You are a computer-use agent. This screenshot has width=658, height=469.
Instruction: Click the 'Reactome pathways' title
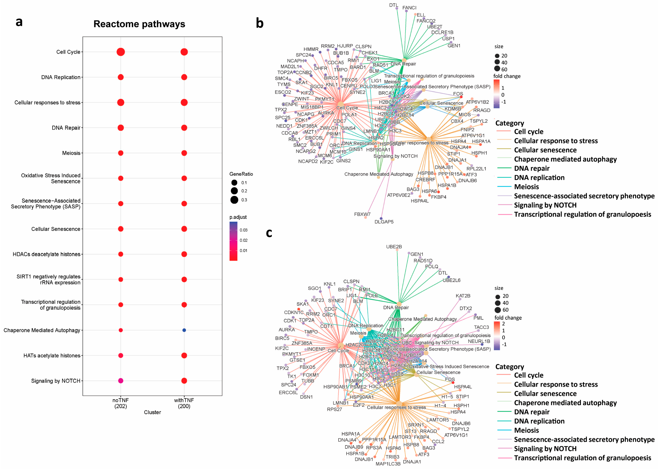click(139, 24)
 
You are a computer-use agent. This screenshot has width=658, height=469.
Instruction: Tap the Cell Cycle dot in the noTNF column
click(121, 52)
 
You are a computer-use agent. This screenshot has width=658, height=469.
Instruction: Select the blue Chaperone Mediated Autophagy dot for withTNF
click(184, 330)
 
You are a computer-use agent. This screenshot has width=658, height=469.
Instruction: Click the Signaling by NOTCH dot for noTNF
click(121, 381)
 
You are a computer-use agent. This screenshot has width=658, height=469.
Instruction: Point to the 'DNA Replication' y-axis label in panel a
click(61, 77)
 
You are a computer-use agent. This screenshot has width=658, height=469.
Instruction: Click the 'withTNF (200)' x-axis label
click(184, 403)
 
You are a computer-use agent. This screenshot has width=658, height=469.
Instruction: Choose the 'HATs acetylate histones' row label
click(52, 355)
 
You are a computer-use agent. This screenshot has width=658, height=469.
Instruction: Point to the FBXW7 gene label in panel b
click(362, 214)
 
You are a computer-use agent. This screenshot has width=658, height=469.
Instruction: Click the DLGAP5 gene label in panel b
click(384, 222)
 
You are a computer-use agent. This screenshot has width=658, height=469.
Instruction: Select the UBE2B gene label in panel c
click(394, 247)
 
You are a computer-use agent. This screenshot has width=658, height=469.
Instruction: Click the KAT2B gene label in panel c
click(463, 296)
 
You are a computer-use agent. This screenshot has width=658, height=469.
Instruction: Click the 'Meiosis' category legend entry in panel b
click(526, 187)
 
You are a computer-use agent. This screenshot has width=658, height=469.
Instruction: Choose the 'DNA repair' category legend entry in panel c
click(532, 412)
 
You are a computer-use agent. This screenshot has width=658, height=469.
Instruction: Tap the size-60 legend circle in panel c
click(497, 310)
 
